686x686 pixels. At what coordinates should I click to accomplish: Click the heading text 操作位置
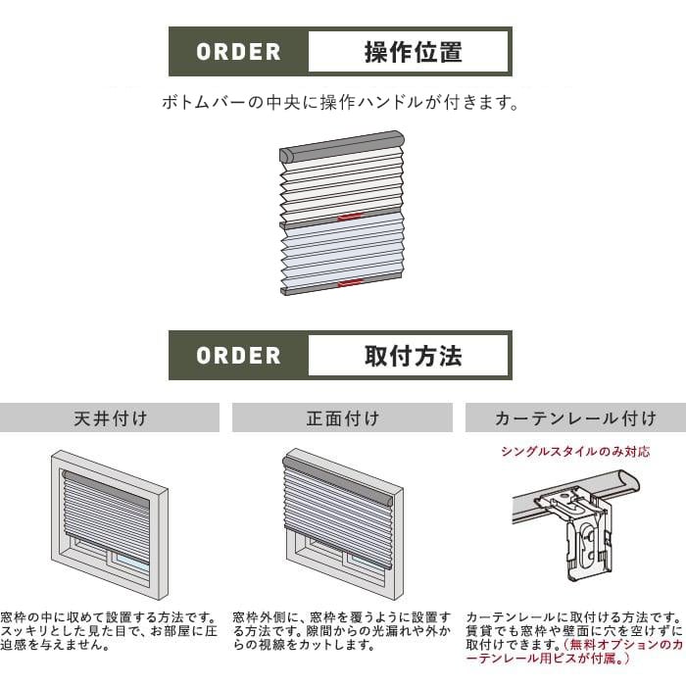(x=414, y=52)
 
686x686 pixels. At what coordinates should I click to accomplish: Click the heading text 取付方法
(x=414, y=356)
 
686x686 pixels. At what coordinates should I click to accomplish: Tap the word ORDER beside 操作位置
(x=238, y=52)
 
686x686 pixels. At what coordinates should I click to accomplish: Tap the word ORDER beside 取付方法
(x=238, y=356)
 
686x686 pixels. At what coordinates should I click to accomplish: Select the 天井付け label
(x=110, y=418)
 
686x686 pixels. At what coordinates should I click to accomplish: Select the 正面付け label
(x=343, y=418)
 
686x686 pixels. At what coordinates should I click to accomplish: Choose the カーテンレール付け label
(x=576, y=418)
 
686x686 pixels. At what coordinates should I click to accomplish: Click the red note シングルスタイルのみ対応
(x=576, y=451)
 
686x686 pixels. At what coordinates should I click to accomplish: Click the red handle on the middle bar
(x=351, y=217)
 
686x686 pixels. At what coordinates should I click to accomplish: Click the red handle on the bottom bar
(x=351, y=283)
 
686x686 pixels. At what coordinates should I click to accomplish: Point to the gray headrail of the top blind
(x=342, y=146)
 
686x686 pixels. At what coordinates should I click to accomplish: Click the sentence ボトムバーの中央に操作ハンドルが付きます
(x=340, y=102)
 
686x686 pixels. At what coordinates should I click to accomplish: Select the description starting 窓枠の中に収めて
(x=109, y=631)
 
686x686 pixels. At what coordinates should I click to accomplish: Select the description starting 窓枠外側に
(x=342, y=631)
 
